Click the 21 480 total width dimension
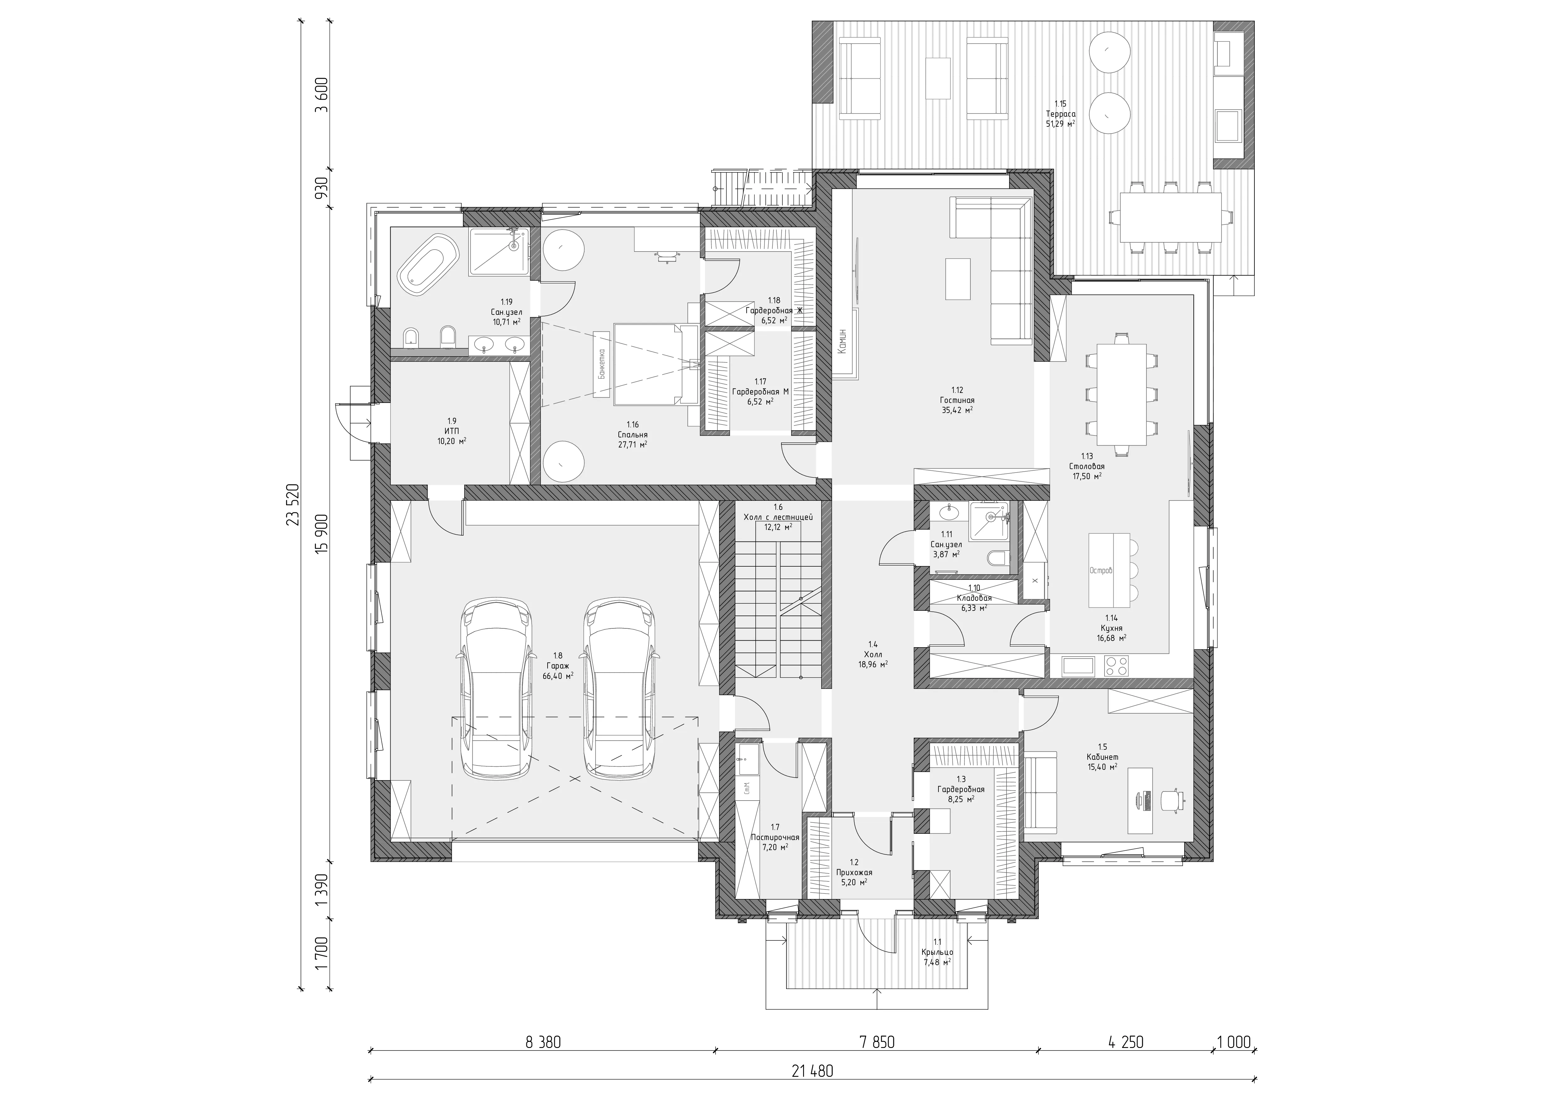(x=812, y=1071)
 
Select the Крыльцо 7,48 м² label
(x=937, y=952)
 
